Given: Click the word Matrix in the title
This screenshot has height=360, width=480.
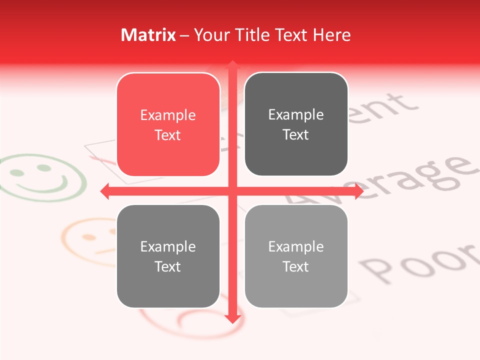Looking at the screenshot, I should [148, 35].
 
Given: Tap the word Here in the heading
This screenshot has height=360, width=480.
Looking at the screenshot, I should [332, 35].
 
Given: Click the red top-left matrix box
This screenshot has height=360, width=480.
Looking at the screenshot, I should [168, 124].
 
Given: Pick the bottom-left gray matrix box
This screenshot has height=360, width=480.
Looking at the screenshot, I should [168, 256].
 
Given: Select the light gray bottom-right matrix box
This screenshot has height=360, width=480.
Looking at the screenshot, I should [296, 256].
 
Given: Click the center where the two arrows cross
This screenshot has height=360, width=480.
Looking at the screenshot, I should [232, 191].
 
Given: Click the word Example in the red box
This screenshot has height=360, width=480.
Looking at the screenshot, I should [168, 115].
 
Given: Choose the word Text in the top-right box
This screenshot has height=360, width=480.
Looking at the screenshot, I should [296, 134].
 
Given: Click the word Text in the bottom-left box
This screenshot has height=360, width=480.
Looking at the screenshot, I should [168, 266].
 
